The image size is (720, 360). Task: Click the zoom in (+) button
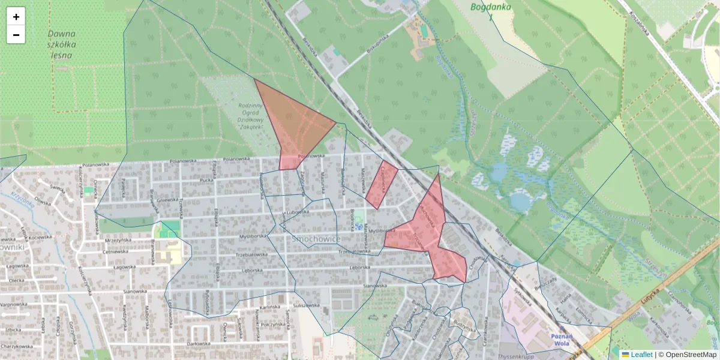(16, 17)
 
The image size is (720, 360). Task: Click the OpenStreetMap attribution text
(691, 355)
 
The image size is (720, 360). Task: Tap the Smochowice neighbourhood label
(316, 239)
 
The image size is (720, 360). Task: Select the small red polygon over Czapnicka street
(381, 183)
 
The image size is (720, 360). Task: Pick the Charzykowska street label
(16, 346)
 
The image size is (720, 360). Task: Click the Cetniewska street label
(114, 253)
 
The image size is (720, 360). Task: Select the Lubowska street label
(297, 212)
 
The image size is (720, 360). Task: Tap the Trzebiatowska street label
(352, 252)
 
